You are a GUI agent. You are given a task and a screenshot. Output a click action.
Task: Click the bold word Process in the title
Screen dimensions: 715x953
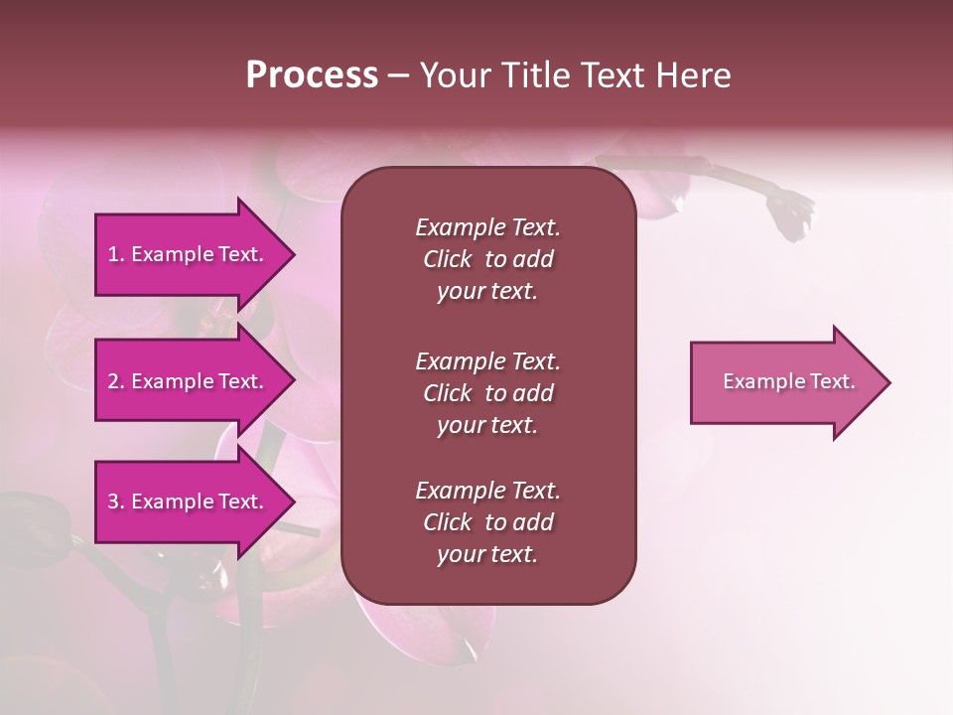tap(312, 75)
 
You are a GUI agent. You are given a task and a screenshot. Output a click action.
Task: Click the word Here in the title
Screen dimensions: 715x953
tap(694, 75)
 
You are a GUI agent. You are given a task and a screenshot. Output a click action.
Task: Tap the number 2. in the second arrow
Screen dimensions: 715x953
tap(116, 381)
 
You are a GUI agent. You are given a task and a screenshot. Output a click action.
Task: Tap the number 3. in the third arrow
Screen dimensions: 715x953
tap(116, 501)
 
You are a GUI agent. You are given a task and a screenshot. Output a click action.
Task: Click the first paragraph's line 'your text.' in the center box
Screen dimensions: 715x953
tap(487, 292)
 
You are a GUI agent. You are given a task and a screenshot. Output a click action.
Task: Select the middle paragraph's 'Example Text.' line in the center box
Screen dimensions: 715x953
tap(487, 360)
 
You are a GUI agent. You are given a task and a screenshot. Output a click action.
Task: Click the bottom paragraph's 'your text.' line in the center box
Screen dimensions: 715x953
tap(487, 555)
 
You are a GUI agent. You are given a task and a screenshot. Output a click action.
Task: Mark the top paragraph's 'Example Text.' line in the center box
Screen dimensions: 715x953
tap(487, 227)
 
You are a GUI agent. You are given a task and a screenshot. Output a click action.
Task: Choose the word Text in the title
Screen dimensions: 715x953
tap(617, 75)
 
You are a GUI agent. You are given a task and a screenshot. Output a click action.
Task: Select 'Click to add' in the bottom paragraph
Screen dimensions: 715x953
tap(487, 523)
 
